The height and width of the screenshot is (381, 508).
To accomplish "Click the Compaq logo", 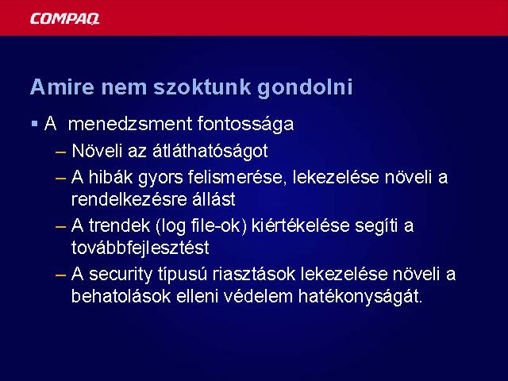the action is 64,19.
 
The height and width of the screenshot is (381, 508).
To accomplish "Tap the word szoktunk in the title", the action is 202,87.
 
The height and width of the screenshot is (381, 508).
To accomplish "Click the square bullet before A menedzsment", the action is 35,124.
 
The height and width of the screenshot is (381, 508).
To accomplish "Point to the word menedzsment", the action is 130,124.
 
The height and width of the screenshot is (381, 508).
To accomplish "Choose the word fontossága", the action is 245,125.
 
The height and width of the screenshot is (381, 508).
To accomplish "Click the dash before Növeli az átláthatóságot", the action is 61,152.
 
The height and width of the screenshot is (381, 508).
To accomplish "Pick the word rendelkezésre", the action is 129,199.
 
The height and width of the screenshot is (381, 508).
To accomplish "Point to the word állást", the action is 214,199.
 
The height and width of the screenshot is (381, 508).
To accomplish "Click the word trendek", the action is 120,225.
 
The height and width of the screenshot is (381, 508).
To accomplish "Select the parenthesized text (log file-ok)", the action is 201,226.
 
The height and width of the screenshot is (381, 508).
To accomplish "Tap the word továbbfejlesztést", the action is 140,248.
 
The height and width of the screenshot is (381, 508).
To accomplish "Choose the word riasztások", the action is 254,274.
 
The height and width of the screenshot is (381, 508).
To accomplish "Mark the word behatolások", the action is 121,296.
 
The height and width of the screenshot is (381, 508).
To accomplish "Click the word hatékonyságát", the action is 360,297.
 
